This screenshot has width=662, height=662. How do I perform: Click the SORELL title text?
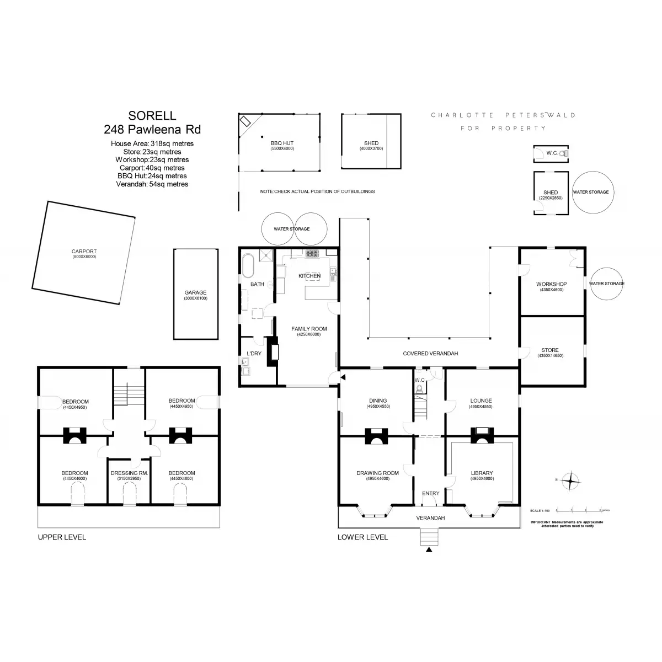(x=152, y=116)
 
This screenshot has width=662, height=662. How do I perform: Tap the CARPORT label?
(x=84, y=252)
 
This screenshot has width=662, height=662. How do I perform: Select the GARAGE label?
(x=195, y=293)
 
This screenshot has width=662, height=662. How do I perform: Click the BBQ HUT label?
(x=282, y=143)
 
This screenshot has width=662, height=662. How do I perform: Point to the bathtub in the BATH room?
(x=248, y=266)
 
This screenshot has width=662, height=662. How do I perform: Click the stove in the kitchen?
(x=313, y=253)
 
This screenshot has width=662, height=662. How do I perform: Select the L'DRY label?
(x=254, y=354)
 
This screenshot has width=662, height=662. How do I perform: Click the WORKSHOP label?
(x=551, y=284)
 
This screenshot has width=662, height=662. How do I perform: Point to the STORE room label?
(x=550, y=350)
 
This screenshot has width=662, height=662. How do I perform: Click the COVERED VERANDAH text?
(x=430, y=354)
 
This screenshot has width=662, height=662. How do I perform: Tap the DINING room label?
(x=378, y=401)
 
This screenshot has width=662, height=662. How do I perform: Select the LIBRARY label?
(x=482, y=473)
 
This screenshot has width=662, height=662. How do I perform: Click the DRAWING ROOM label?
(x=377, y=473)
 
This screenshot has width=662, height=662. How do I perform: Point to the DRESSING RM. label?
(x=130, y=473)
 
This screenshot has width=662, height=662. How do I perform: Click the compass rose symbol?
(x=570, y=481)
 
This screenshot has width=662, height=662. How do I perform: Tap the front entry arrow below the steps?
(x=429, y=549)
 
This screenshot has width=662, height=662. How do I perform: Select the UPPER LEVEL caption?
(x=62, y=537)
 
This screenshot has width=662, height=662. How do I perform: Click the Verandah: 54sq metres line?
(x=152, y=184)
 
